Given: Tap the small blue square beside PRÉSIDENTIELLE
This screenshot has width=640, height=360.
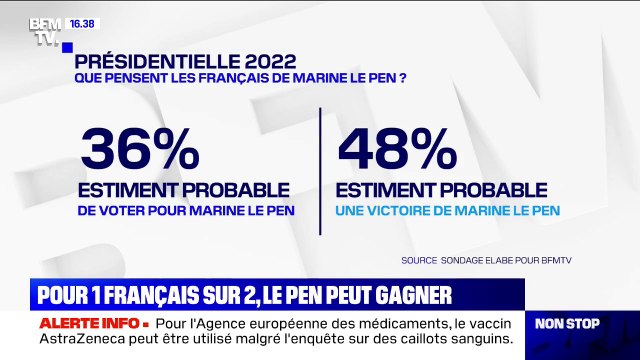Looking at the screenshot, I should pos(66,47).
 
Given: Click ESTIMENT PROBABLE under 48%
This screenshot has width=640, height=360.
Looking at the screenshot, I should pos(443,189).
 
